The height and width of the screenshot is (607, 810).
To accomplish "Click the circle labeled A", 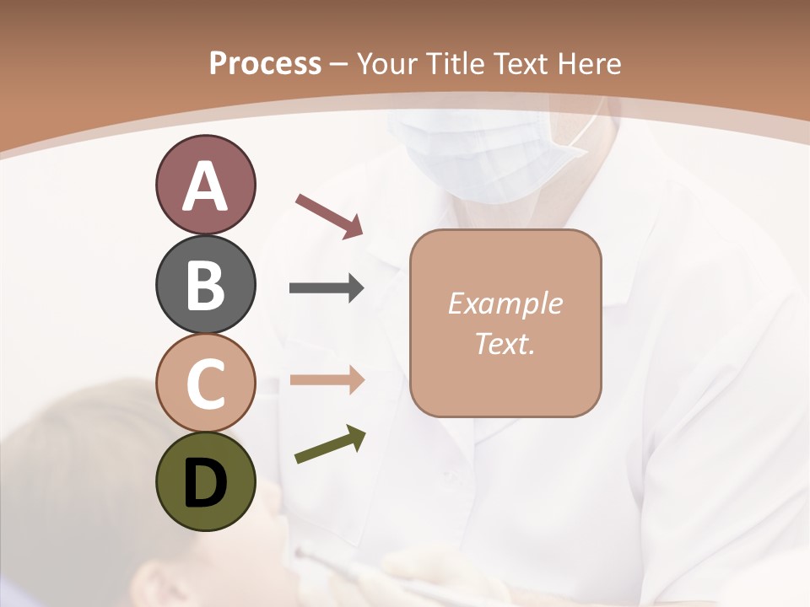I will [x=205, y=185].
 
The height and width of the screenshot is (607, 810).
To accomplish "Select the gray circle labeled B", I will [x=205, y=284].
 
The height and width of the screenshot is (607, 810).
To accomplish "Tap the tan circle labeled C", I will [x=205, y=383].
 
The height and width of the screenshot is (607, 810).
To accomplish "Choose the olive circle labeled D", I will [x=205, y=481].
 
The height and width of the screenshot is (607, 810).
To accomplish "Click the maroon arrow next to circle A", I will [x=330, y=215].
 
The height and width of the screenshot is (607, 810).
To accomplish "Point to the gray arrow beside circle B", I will [x=327, y=288].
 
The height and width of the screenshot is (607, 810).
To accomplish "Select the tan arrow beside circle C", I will [x=327, y=379].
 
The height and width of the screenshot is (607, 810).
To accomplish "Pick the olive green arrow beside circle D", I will [x=330, y=444].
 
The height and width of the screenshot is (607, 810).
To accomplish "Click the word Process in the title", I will [x=265, y=64].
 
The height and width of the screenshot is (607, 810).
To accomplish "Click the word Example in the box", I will [x=505, y=303].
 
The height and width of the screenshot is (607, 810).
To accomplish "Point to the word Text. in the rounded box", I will [x=505, y=343].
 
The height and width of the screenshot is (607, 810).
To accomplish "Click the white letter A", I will [x=205, y=186].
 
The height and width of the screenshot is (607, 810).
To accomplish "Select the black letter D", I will [x=205, y=483].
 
